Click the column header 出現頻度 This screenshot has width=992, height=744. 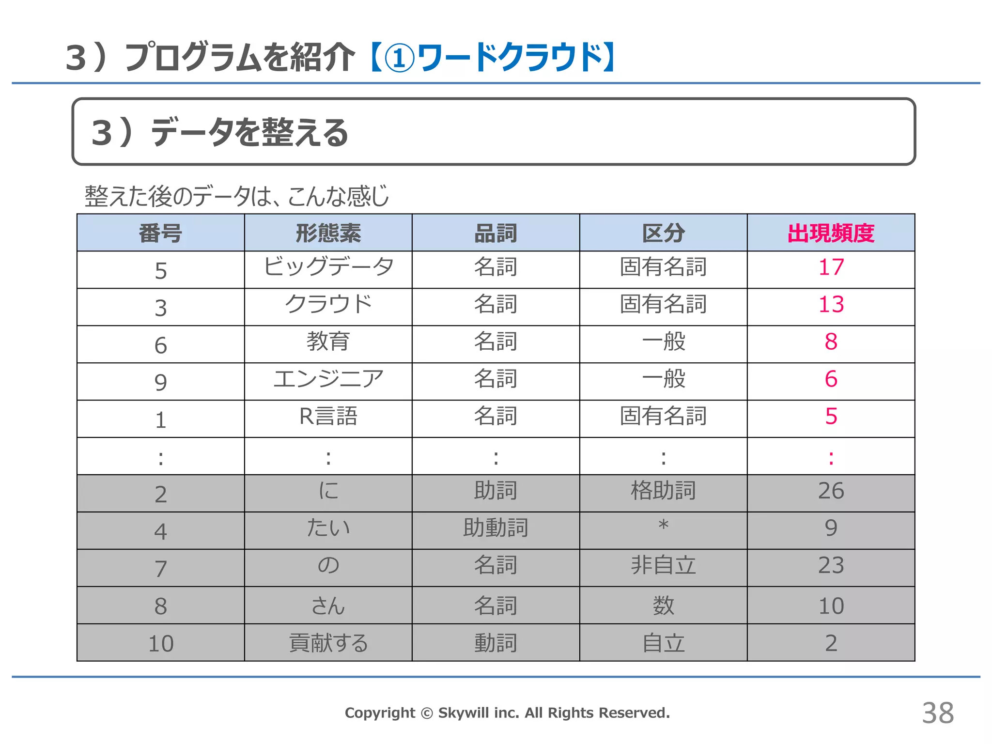(831, 233)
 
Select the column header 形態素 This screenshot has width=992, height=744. (328, 233)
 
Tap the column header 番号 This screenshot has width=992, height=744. (160, 233)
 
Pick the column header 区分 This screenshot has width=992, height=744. (663, 233)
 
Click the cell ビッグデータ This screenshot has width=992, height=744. (328, 267)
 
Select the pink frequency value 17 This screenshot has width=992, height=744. (831, 267)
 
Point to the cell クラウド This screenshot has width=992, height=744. (328, 304)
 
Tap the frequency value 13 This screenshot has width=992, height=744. (831, 305)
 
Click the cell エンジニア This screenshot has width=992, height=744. (328, 379)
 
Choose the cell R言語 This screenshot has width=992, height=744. (328, 416)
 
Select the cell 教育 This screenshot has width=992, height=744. (328, 341)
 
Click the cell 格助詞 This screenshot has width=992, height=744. (663, 491)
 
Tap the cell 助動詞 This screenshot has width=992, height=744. (496, 528)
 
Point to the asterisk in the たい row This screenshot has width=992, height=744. (664, 525)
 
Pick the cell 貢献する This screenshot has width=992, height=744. (328, 643)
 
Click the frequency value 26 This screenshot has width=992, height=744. (831, 491)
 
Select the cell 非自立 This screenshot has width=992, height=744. (663, 565)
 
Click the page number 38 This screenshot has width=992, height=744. (938, 713)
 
